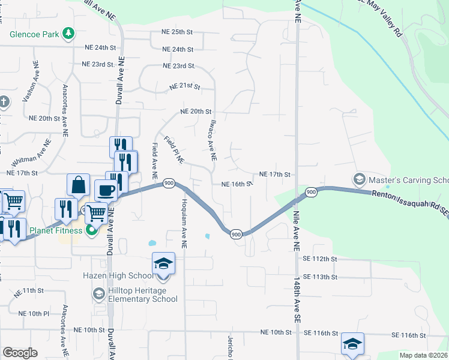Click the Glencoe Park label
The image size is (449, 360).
pyautogui.click(x=34, y=34)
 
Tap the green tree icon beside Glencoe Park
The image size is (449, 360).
pyautogui.click(x=69, y=33)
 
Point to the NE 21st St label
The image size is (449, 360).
pyautogui.click(x=184, y=87)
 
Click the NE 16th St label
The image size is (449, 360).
pyautogui.click(x=235, y=184)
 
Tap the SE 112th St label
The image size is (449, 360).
pyautogui.click(x=321, y=259)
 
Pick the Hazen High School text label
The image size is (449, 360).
pyautogui.click(x=118, y=276)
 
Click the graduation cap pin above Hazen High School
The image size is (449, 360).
pyautogui.click(x=163, y=265)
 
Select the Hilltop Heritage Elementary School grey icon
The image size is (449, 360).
pyautogui.click(x=98, y=294)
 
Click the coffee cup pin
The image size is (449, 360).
pyautogui.click(x=107, y=191)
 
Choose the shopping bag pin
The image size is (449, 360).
pyautogui.click(x=79, y=185)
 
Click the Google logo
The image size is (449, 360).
pyautogui.click(x=20, y=352)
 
